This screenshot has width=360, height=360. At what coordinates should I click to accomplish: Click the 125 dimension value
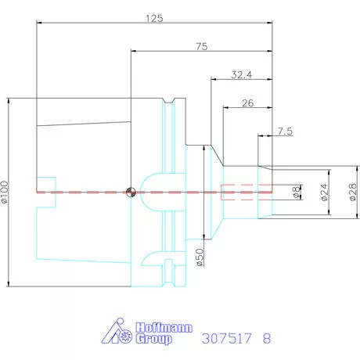tap(153, 17)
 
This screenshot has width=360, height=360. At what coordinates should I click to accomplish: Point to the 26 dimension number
tap(248, 103)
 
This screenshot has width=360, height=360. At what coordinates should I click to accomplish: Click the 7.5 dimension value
tap(284, 131)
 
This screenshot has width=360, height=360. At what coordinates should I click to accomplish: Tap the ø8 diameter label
tap(296, 190)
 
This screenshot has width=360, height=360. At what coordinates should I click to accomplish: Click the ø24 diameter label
tap(322, 190)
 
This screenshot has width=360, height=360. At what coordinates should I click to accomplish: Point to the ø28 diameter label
tap(351, 190)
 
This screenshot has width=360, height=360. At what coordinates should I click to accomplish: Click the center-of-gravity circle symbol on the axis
tap(131, 193)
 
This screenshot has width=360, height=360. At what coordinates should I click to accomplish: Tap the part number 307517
tap(227, 339)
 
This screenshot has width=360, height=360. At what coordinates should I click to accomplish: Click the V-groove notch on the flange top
tap(169, 102)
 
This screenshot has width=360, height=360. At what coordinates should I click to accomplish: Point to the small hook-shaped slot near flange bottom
tap(150, 257)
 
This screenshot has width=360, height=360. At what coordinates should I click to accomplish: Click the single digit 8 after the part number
tap(267, 339)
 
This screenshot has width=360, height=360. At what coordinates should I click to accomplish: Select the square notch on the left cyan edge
tap(46, 190)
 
